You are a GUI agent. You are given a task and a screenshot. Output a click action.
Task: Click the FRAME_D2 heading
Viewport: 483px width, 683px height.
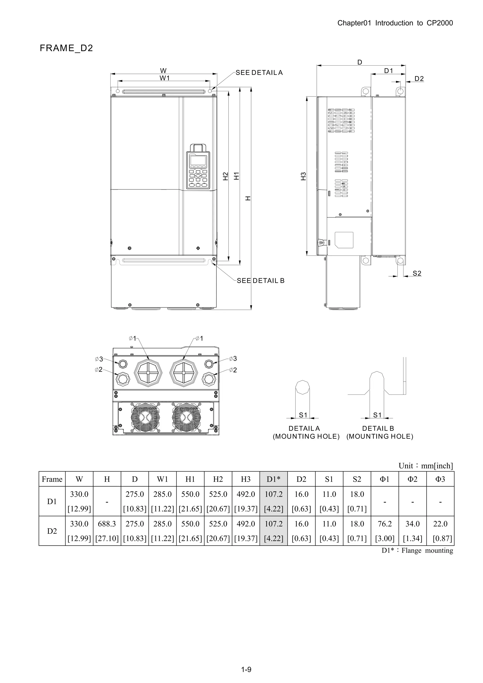[x=66, y=48]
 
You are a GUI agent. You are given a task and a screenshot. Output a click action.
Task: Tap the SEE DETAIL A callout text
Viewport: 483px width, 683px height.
[x=259, y=73]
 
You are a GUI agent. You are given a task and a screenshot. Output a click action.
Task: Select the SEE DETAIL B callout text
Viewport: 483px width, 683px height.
[x=260, y=281]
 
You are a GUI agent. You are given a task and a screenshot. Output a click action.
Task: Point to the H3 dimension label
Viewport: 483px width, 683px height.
[x=303, y=176]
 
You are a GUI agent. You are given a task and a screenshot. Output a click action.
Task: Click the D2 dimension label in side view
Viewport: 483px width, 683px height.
[x=419, y=79]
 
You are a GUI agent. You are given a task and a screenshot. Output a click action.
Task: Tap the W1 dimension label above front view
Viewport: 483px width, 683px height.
[x=164, y=78]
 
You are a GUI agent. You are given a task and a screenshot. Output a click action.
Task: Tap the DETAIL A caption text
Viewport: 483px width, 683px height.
[x=304, y=428]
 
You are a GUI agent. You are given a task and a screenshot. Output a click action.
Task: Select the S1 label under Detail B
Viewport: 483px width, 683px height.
[x=377, y=415]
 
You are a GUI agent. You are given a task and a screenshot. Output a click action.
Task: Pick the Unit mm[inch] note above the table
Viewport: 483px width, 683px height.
[x=425, y=466]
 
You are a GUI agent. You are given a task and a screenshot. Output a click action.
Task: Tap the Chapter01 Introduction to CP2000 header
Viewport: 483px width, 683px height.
[x=395, y=23]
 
